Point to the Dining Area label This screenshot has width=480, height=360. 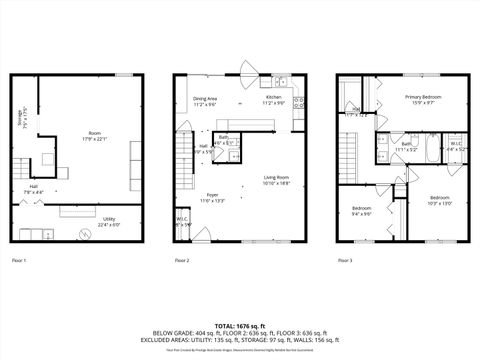[205, 100]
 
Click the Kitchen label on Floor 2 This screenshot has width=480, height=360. [273, 100]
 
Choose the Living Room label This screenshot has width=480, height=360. [276, 180]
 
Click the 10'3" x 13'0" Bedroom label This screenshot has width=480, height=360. [440, 200]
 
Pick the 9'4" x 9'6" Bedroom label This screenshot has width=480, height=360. [362, 211]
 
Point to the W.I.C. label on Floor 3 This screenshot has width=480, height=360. [455, 146]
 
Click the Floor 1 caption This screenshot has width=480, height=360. [19, 260]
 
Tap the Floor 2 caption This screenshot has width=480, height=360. [182, 260]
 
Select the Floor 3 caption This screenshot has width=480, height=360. [345, 260]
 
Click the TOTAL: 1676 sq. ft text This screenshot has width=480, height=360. [240, 325]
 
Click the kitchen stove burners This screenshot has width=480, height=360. [300, 101]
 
